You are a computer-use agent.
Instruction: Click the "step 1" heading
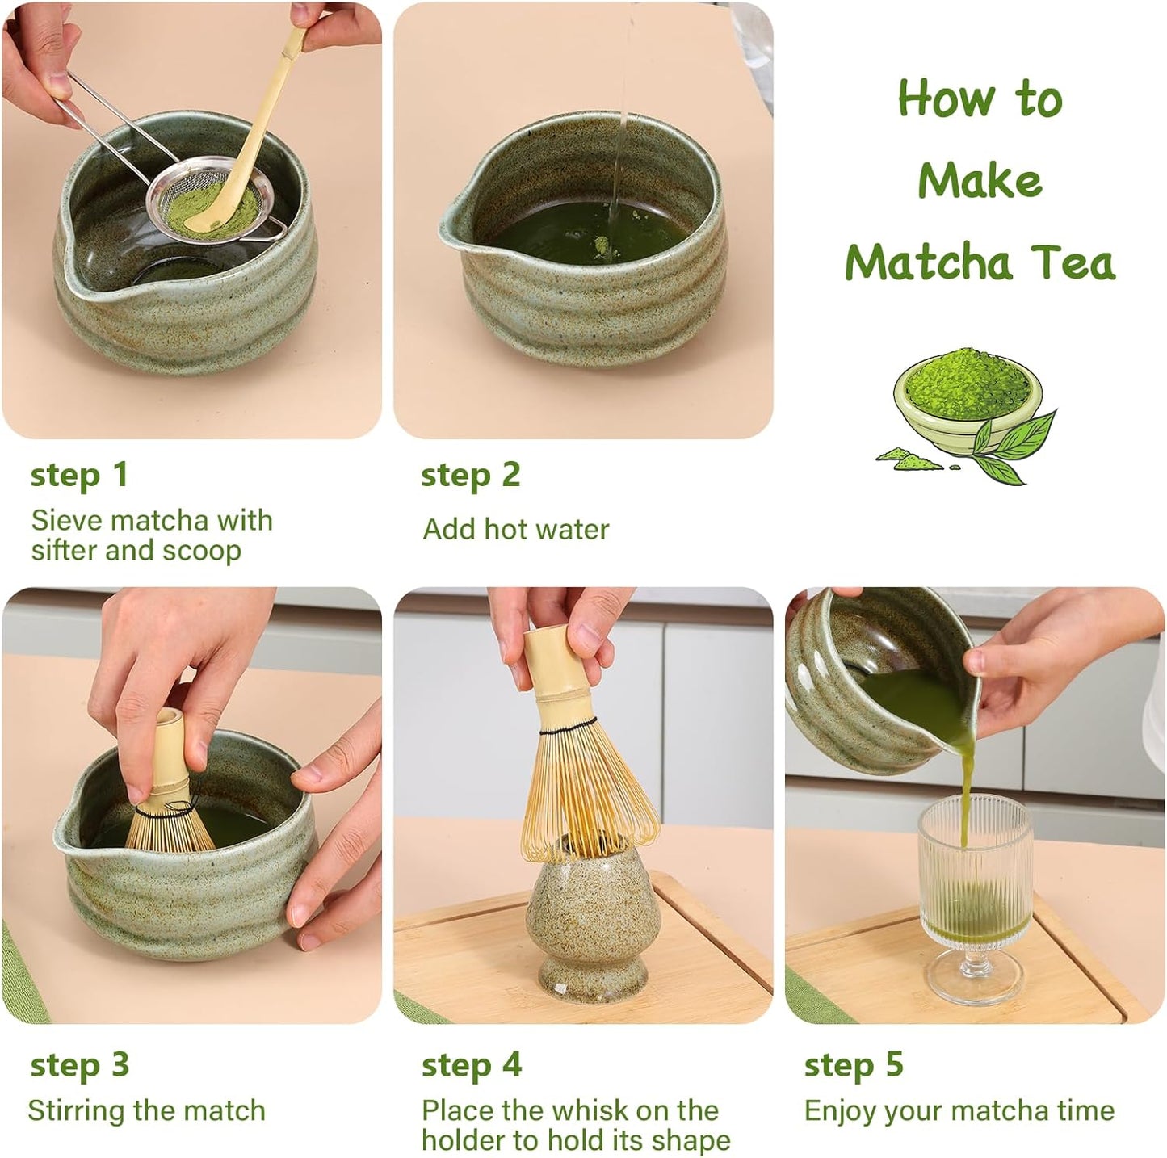click(79, 475)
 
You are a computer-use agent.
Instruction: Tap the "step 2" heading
click(470, 475)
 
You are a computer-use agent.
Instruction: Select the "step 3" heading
click(79, 1065)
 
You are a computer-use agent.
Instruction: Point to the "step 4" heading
click(471, 1065)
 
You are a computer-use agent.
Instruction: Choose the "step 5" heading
click(853, 1065)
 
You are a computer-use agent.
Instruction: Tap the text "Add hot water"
click(515, 530)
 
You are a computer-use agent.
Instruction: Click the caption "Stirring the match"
click(146, 1110)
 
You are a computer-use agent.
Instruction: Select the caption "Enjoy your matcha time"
click(959, 1110)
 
